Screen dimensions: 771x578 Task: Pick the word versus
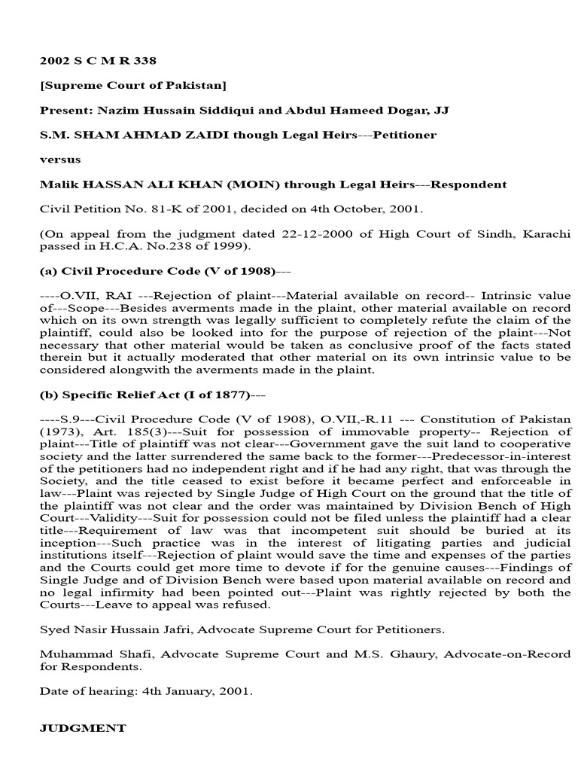[x=59, y=159]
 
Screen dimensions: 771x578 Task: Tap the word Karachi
[x=546, y=234]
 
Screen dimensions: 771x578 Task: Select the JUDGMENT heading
[x=82, y=728]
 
